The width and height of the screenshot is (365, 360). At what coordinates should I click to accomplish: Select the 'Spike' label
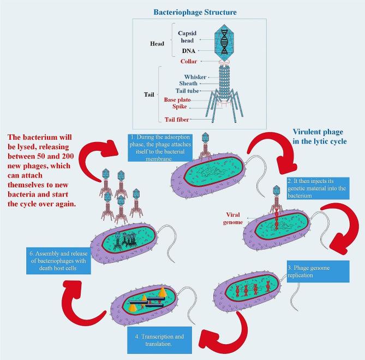point(183,107)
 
